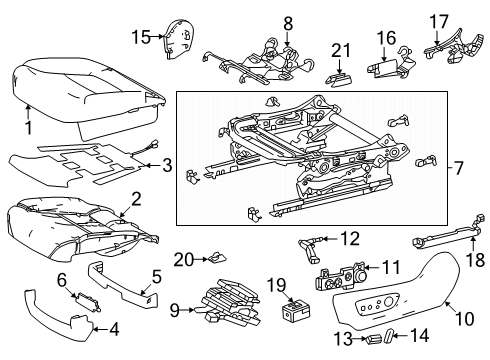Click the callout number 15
coord(140,38)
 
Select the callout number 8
coord(288,22)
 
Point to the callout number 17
coord(439,20)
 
